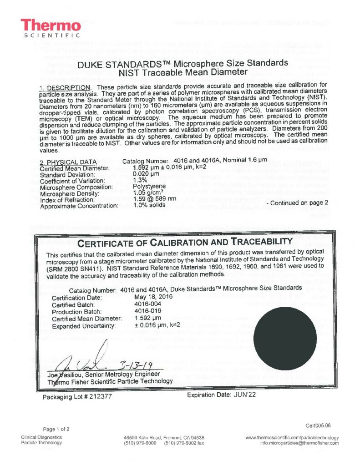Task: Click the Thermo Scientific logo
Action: pos(51,28)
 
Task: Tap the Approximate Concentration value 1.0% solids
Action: pos(151,206)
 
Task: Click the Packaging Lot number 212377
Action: pos(98,396)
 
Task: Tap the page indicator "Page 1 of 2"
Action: pos(56,429)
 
